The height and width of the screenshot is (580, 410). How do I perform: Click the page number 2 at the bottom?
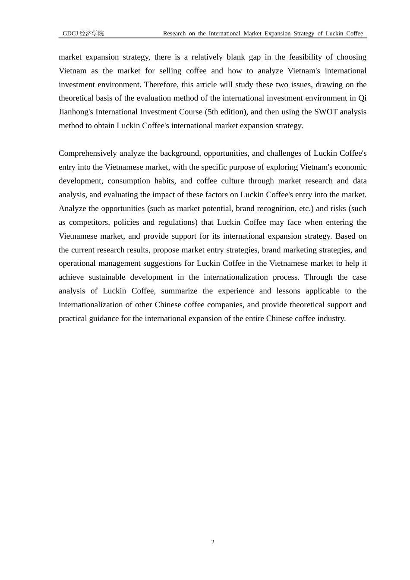[x=213, y=542]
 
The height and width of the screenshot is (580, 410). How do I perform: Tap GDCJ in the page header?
[x=70, y=34]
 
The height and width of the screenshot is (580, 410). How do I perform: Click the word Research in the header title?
[x=174, y=34]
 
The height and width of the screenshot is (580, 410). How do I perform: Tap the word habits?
[x=164, y=181]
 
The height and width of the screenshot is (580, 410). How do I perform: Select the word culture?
[x=231, y=181]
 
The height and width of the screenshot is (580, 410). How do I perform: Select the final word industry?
[x=333, y=318]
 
